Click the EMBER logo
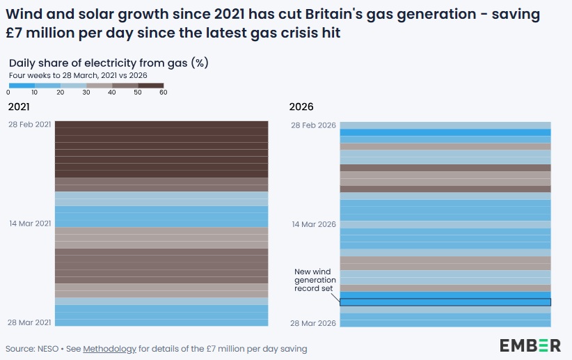(x=530, y=345)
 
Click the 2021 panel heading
(x=19, y=107)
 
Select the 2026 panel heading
(x=301, y=107)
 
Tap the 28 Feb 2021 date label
(x=31, y=124)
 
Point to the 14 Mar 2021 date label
(x=30, y=224)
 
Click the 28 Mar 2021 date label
(x=30, y=323)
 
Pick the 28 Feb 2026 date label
(x=314, y=125)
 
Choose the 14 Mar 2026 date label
(x=314, y=224)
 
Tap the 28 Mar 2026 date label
(x=314, y=323)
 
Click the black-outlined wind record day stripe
(x=445, y=302)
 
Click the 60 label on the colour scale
(x=164, y=93)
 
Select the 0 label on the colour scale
(x=8, y=93)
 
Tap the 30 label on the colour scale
(x=86, y=93)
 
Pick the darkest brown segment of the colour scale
(x=151, y=86)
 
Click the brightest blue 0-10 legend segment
(x=22, y=86)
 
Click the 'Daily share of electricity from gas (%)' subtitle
(x=109, y=63)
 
